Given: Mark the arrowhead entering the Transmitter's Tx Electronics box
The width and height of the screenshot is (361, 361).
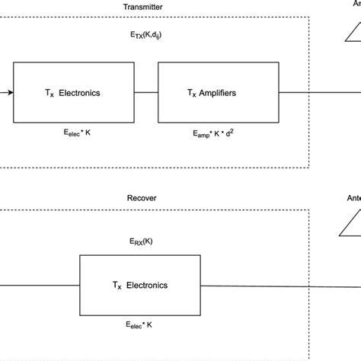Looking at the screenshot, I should tap(9, 93).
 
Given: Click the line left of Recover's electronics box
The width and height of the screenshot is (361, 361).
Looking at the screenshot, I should tap(38, 285).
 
